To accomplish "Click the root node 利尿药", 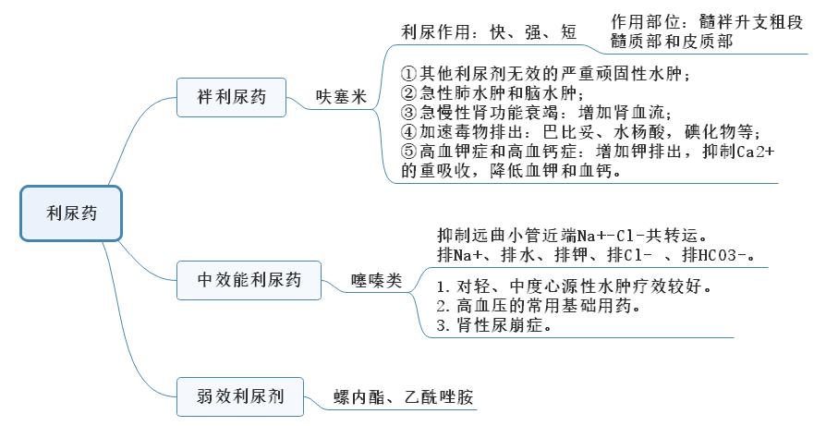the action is [x=71, y=213].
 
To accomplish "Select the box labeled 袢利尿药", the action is [x=231, y=97].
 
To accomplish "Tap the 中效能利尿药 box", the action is [x=249, y=280].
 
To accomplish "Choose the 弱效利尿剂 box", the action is [x=240, y=396].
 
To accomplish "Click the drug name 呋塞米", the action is [x=341, y=97].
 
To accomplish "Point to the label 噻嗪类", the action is [x=376, y=281].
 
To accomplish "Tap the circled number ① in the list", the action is [x=408, y=73].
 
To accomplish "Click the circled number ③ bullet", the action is [x=408, y=112].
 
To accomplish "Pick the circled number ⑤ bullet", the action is [x=408, y=152].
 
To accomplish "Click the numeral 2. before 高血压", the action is [x=443, y=306].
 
